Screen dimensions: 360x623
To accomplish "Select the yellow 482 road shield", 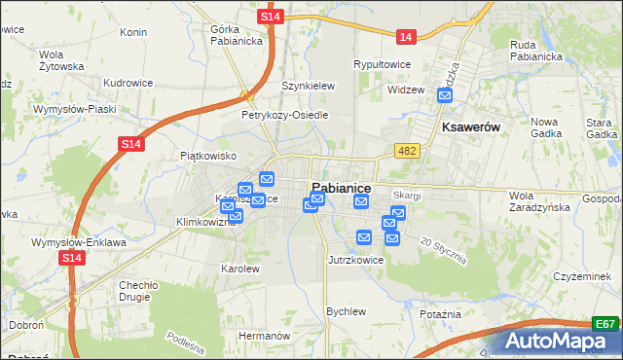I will click(407, 150).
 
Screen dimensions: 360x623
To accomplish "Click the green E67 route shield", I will click(605, 324).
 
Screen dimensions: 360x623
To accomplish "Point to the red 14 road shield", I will click(406, 37).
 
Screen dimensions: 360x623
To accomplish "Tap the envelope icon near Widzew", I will click(445, 95).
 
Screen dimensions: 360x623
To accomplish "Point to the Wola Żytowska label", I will click(55, 60).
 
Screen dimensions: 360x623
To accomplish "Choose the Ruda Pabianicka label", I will click(536, 50).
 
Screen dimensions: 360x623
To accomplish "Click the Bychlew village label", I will click(346, 311).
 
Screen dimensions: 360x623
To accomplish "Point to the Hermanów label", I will click(265, 335).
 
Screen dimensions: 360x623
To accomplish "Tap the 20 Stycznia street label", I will click(444, 251).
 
